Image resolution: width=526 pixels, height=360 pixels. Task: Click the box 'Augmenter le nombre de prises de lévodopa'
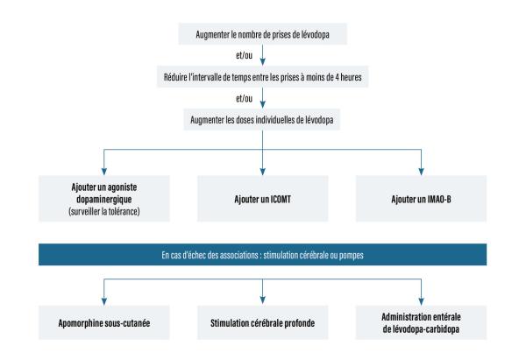click(x=263, y=34)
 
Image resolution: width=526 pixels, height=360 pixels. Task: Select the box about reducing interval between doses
click(x=263, y=77)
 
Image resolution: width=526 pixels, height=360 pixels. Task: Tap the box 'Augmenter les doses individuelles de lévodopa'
click(x=261, y=120)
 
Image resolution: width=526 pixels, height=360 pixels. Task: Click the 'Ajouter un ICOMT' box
click(x=263, y=199)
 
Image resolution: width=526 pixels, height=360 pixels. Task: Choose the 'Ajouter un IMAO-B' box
click(x=421, y=199)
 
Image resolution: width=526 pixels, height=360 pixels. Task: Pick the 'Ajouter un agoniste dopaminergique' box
click(x=104, y=199)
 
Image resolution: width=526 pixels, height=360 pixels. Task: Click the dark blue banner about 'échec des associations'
click(x=263, y=255)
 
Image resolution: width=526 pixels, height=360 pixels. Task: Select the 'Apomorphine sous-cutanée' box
click(x=104, y=322)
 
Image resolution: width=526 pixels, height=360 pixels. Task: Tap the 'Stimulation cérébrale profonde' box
click(x=263, y=322)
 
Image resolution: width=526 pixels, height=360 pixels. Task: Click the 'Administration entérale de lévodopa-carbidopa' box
click(x=421, y=322)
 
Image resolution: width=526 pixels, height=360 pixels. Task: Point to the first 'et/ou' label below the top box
click(x=244, y=55)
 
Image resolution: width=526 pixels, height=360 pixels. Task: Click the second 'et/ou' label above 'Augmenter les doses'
click(x=244, y=98)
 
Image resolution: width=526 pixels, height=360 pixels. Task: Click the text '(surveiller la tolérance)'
click(x=104, y=211)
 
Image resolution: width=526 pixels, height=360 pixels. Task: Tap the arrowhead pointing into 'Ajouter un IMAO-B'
click(x=421, y=172)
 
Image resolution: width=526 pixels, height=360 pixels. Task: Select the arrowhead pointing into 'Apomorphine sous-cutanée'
click(x=104, y=301)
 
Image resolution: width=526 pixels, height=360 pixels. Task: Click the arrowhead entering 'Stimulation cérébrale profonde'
click(x=263, y=300)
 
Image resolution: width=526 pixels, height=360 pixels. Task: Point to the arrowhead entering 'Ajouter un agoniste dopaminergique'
click(x=104, y=172)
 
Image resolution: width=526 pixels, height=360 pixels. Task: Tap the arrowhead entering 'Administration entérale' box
click(x=421, y=301)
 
